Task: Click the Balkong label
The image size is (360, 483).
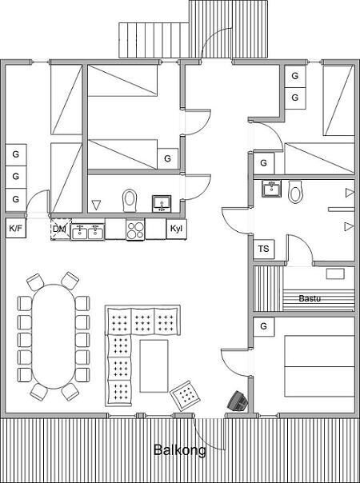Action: [x=180, y=450]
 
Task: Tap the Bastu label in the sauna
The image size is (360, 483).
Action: [x=310, y=298]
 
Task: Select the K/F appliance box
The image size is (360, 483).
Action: [x=16, y=228]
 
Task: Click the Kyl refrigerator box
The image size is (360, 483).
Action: [x=176, y=229]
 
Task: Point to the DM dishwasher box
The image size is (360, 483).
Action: [x=61, y=230]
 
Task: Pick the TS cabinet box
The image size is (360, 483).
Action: [x=263, y=249]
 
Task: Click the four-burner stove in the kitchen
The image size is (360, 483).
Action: [x=135, y=230]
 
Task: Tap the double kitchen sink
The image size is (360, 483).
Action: [x=88, y=232]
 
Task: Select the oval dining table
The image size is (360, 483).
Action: [x=54, y=337]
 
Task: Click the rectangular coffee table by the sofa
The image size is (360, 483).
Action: [x=154, y=366]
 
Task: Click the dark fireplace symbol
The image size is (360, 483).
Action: [x=238, y=401]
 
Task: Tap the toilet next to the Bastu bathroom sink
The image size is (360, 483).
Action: [x=295, y=192]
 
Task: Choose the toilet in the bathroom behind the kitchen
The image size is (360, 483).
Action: [x=130, y=201]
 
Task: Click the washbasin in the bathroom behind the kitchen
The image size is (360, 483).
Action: [x=162, y=203]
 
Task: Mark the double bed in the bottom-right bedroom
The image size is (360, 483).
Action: [x=319, y=366]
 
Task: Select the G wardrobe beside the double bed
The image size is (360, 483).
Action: [x=263, y=326]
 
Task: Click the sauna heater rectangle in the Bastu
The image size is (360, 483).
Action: [x=335, y=273]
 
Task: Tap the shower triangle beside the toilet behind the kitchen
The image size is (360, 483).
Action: [x=97, y=205]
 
